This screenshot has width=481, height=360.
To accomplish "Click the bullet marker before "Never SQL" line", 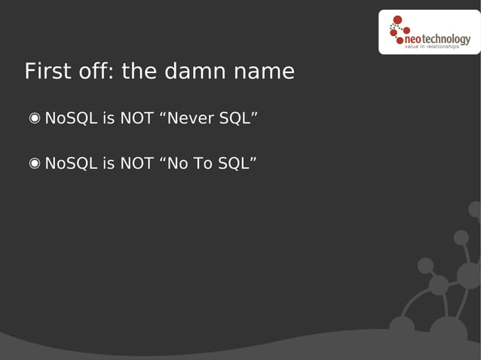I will [35, 118].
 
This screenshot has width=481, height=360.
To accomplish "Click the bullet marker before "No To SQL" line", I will [35, 163].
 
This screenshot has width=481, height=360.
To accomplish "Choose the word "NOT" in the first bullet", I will [137, 118].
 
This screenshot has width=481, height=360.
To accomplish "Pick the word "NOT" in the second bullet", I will [137, 163].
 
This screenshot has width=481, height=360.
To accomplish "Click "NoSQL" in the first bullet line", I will [71, 118].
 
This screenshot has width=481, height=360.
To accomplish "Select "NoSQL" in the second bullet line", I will [71, 163].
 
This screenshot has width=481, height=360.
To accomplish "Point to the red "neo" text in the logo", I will [414, 39].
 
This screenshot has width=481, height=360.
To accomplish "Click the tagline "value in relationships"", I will [433, 47].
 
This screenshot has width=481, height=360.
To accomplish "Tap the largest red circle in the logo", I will [397, 20].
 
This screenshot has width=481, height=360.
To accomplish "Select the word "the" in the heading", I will [139, 72].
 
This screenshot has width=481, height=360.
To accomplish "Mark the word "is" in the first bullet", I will [109, 118].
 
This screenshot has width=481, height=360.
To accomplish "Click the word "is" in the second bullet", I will [109, 163].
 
